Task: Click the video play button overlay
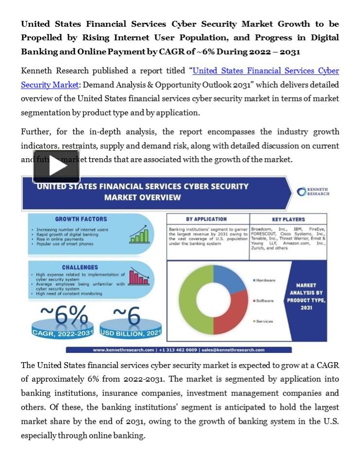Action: tap(56, 166)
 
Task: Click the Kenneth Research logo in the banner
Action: tap(313, 191)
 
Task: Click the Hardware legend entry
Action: tap(265, 280)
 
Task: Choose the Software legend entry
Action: tap(264, 300)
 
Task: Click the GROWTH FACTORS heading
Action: tap(81, 219)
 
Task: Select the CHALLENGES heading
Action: tap(80, 267)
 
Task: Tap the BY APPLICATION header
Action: tap(206, 219)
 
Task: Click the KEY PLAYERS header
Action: tap(289, 219)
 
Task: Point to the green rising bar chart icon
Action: tap(139, 234)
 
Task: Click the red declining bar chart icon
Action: tap(139, 277)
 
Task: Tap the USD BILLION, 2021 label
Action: tap(131, 333)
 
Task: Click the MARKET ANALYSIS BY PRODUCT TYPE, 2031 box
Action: tap(306, 297)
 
